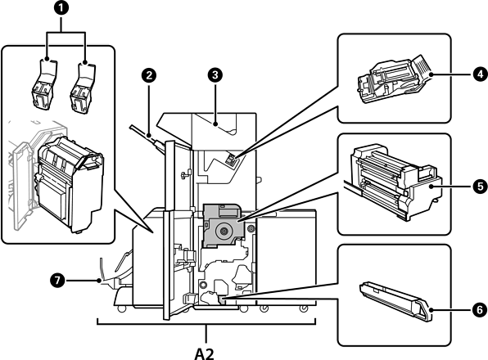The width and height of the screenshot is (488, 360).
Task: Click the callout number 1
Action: pos(62,8)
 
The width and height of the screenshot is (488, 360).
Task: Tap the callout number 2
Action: pos(148,75)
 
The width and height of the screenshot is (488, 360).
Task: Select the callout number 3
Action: pos(215,74)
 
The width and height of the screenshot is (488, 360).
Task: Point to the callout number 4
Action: pos(480,74)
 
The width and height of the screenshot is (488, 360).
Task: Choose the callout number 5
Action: pos(480,187)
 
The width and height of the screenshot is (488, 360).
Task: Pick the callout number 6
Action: pos(480,309)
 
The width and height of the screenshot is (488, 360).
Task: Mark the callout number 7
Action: pos(57,281)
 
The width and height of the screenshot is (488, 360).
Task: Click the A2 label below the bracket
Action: pos(205,353)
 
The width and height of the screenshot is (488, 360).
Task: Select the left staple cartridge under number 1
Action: pos(44,84)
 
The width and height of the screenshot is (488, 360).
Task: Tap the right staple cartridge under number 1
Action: pos(83,88)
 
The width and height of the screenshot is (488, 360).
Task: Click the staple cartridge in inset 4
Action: pos(395,79)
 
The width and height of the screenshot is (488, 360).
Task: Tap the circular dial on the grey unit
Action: pos(224,231)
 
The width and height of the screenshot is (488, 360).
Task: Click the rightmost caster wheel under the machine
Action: pos(303,308)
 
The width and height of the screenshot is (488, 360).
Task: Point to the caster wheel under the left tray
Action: pos(121,308)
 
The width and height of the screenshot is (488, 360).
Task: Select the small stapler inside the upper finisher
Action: pos(231,160)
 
